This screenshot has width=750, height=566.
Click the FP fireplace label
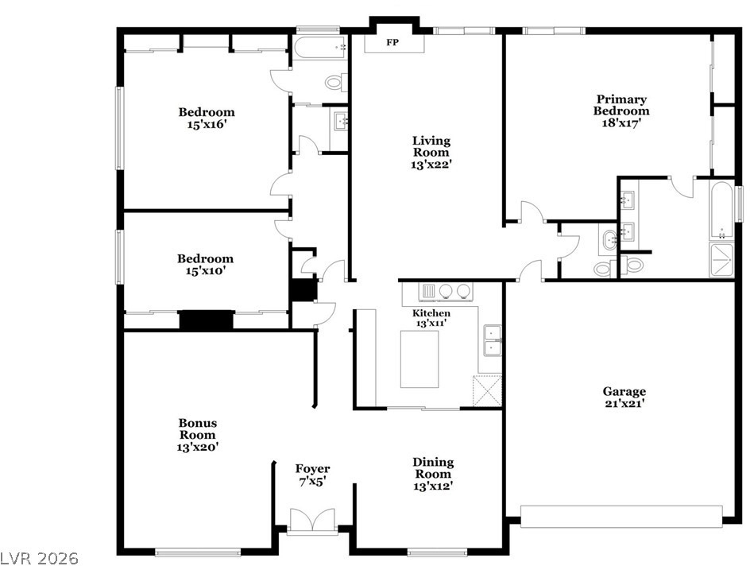pyautogui.click(x=392, y=43)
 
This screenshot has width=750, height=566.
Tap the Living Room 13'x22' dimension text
pyautogui.click(x=431, y=165)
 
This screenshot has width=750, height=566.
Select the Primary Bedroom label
pyautogui.click(x=621, y=105)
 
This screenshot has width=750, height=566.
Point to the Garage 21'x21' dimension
pyautogui.click(x=624, y=403)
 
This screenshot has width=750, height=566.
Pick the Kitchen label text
pyautogui.click(x=431, y=313)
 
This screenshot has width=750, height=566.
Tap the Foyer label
pyautogui.click(x=312, y=469)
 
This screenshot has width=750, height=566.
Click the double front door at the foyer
pyautogui.click(x=312, y=520)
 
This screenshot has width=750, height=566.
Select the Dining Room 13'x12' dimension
pyautogui.click(x=433, y=486)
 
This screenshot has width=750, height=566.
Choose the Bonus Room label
pyautogui.click(x=198, y=428)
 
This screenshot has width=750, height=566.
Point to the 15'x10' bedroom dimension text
pyautogui.click(x=205, y=271)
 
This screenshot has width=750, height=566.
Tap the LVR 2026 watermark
pyautogui.click(x=39, y=558)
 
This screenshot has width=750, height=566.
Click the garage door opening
pyautogui.click(x=621, y=516)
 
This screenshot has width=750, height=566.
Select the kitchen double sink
pyautogui.click(x=493, y=341)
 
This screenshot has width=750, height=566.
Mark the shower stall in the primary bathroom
pyautogui.click(x=721, y=260)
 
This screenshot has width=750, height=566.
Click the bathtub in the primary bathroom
pyautogui.click(x=721, y=211)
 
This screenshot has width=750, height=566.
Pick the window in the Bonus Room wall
pyautogui.click(x=198, y=552)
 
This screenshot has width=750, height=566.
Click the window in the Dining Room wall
pyautogui.click(x=437, y=552)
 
